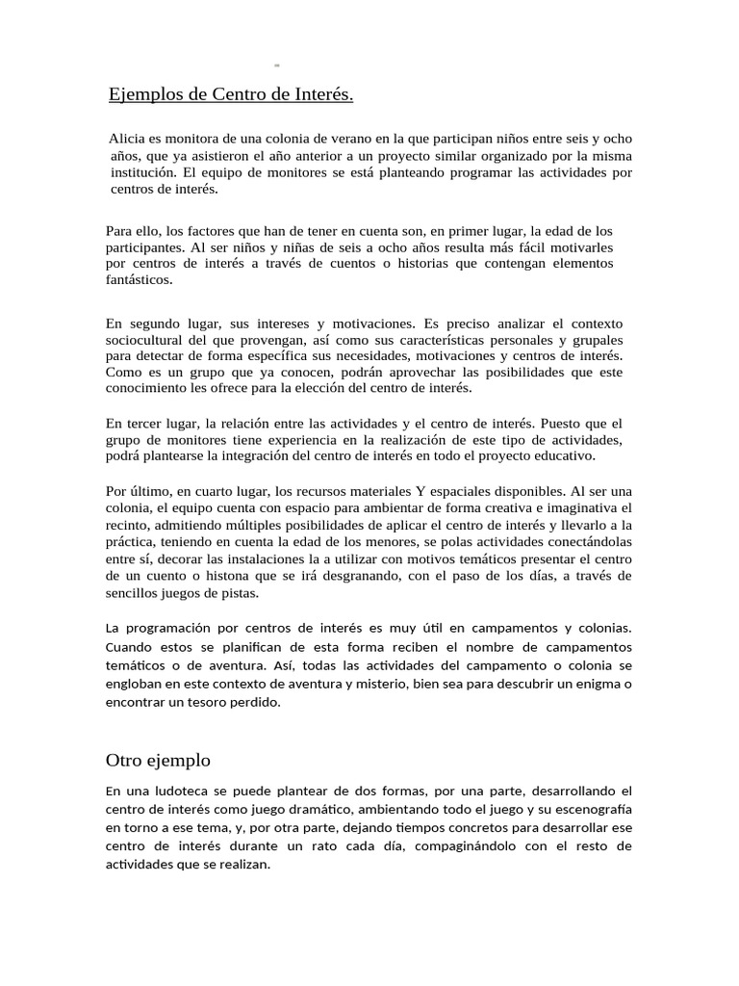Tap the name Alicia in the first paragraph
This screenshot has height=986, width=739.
128,139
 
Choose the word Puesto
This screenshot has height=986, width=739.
566,423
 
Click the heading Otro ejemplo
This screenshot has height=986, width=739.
158,760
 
